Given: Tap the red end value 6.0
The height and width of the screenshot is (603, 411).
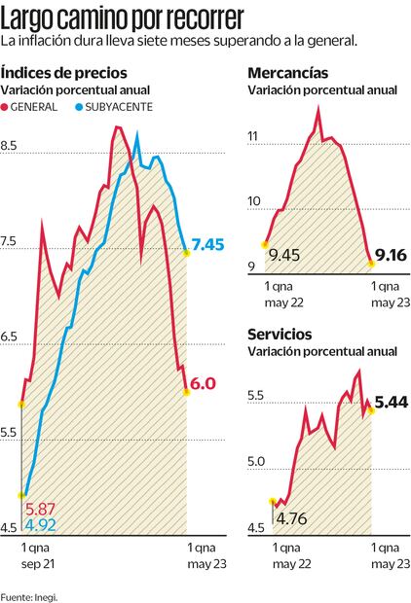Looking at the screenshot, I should click(x=202, y=383).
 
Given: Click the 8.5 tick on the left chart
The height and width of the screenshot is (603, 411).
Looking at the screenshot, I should click(x=12, y=146).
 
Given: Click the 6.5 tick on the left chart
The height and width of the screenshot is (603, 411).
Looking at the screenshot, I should click(x=12, y=337).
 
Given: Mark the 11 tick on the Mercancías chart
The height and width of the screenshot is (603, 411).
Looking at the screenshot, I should click(x=256, y=138).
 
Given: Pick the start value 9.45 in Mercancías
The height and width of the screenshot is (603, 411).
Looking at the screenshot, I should click(x=285, y=255).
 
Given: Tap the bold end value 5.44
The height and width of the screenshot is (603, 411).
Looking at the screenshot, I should click(x=392, y=401).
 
